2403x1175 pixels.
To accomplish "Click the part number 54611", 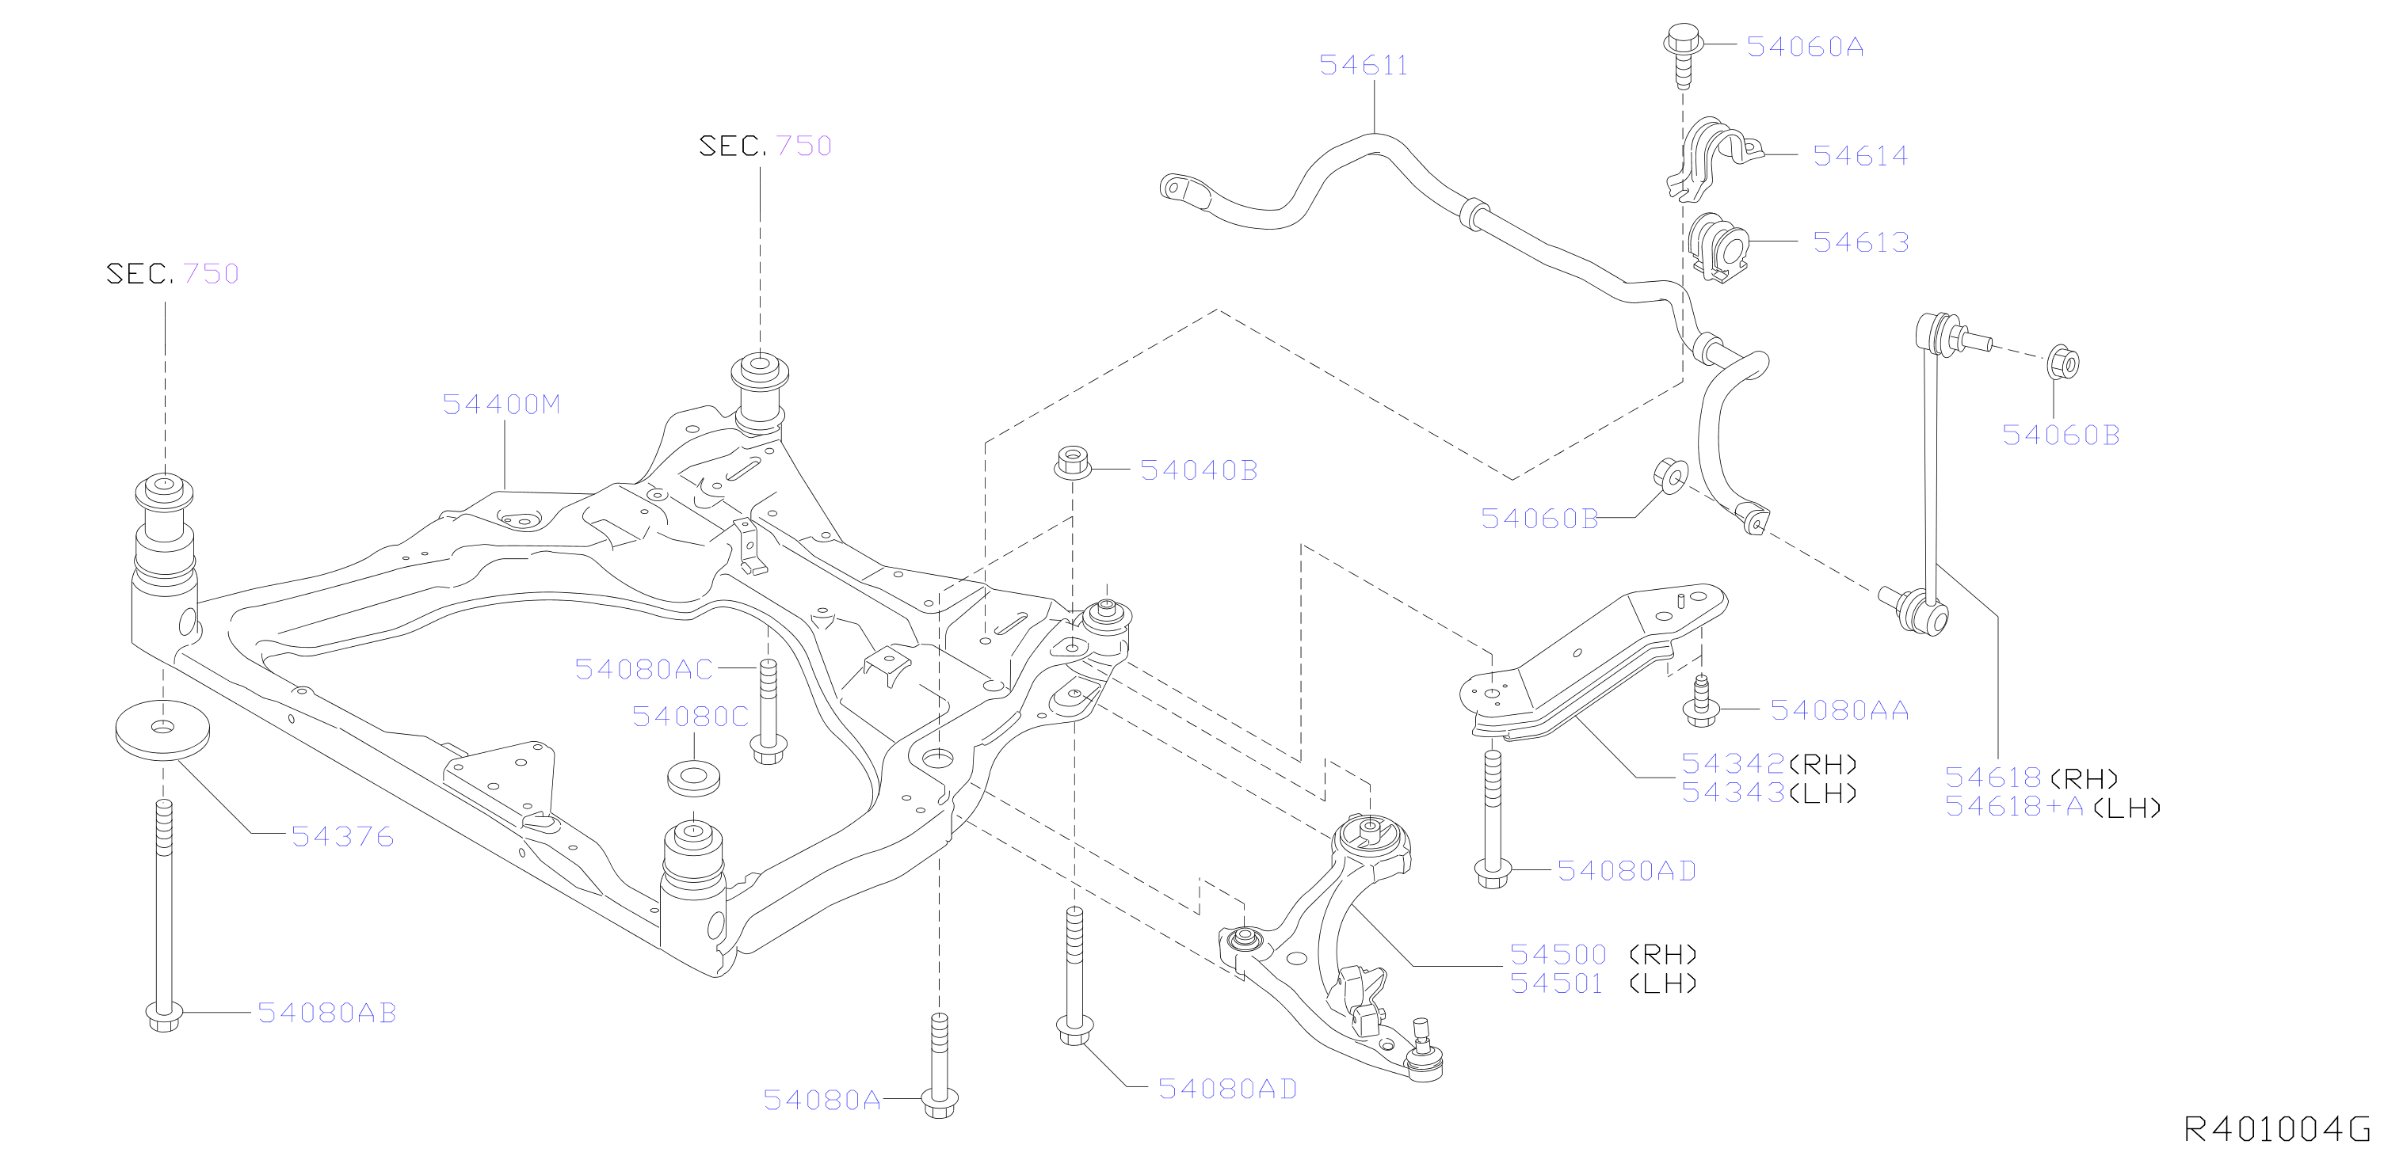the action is [x=1363, y=65].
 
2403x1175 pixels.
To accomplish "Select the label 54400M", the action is [x=502, y=405].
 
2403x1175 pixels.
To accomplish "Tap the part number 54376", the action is [x=342, y=836].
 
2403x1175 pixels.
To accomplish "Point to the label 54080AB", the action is [x=327, y=1013].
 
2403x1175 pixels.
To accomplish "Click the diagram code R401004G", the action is [x=2277, y=1130].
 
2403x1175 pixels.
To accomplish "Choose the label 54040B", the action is [x=1199, y=470].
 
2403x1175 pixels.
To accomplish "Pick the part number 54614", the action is [x=1860, y=156].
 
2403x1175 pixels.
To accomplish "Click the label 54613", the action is [x=1861, y=242].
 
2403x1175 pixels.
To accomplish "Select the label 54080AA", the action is [x=1840, y=710].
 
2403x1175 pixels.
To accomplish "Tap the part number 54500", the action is [x=1558, y=955].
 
